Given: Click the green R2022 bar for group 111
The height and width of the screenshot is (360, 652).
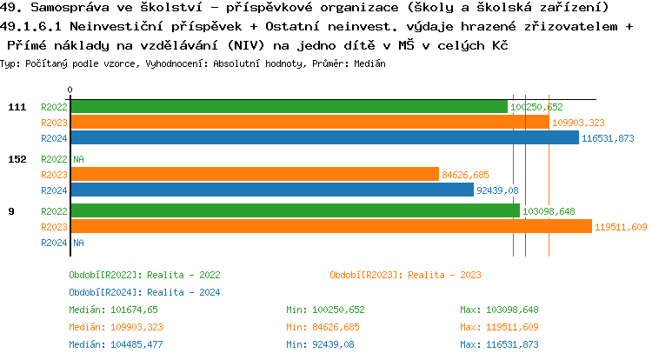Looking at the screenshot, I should coord(289,106).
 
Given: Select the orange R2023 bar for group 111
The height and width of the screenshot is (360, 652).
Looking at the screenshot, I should coord(309,123).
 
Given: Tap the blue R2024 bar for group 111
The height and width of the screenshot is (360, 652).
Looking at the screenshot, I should coord(324,138).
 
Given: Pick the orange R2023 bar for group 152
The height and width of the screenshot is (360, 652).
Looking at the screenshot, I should coord(255,175).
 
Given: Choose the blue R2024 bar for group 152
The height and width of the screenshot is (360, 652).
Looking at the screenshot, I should coord(272,190).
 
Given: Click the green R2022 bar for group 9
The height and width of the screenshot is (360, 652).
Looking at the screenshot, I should coord(295,211).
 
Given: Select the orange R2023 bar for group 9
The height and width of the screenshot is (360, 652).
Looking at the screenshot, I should coord(331,227).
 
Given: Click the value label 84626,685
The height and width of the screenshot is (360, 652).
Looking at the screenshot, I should coord(465,175).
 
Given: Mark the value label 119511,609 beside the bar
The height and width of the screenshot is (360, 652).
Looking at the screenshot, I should coord(621,228).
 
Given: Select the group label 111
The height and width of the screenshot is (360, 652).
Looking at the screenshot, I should coord(17,107).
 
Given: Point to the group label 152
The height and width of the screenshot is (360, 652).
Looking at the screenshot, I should coord(17,159).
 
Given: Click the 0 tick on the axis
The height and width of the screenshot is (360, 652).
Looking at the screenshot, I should coord(70,90).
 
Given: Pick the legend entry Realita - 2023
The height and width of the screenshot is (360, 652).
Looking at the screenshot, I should coord(405,275).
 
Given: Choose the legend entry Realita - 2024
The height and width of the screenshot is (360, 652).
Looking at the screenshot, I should coord(144,292).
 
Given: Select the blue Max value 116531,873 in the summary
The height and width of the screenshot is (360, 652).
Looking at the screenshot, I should coord(499,344).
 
